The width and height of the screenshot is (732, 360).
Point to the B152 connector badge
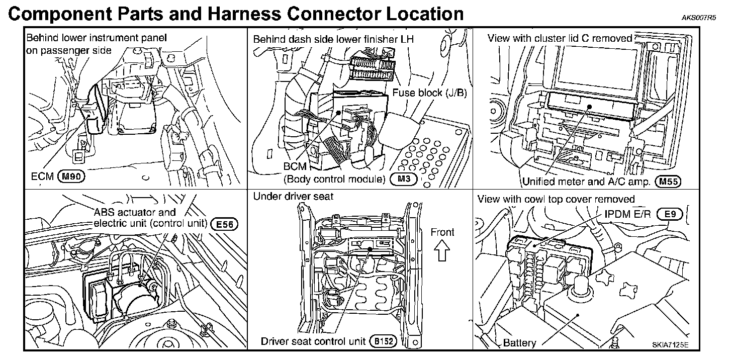(x=384, y=341)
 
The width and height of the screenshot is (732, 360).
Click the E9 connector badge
(x=670, y=214)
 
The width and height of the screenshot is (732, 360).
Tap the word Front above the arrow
(x=442, y=232)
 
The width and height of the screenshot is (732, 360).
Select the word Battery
(x=519, y=343)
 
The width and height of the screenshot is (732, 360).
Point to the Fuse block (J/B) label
(x=430, y=93)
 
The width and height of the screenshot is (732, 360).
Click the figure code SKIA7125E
(x=671, y=344)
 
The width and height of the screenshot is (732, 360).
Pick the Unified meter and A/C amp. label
(x=587, y=182)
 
